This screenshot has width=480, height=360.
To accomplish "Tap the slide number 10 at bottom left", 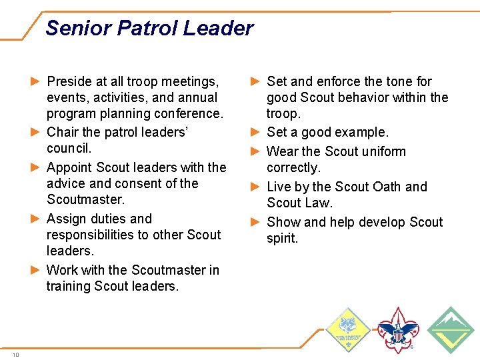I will (15, 355).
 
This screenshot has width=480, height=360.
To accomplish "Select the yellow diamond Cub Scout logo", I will (347, 329).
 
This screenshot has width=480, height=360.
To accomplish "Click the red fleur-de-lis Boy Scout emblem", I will (397, 329).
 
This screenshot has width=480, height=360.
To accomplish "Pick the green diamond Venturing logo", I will (450, 329).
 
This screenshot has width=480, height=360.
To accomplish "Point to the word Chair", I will (63, 132).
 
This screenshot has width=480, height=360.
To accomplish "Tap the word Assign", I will (66, 219).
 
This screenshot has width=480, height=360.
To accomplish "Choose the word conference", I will (189, 113).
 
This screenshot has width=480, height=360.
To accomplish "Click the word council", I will (69, 148).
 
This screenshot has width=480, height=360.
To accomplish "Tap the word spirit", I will (283, 238).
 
